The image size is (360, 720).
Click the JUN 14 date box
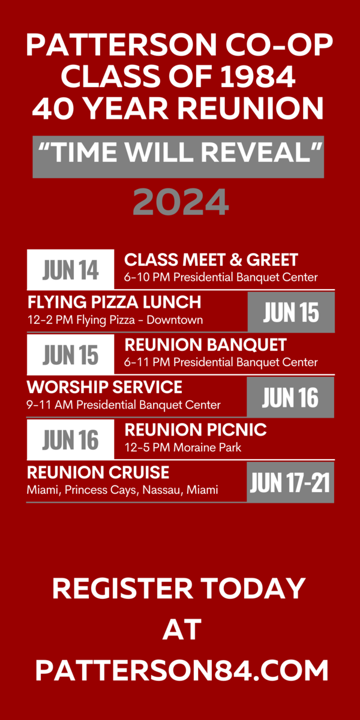pyautogui.click(x=70, y=269)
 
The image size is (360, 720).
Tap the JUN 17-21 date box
pyautogui.click(x=290, y=482)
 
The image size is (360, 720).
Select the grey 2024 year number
pyautogui.click(x=181, y=202)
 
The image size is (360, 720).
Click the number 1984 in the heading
pyautogui.click(x=258, y=77)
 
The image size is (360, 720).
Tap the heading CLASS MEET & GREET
pyautogui.click(x=211, y=260)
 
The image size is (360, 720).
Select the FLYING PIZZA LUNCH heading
pyautogui.click(x=115, y=302)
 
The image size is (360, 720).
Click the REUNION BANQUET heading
pyautogui.click(x=205, y=345)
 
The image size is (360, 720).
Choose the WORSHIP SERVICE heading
pyautogui.click(x=104, y=387)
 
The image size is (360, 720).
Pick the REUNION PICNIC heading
pyautogui.click(x=196, y=430)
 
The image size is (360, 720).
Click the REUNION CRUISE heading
pyautogui.click(x=98, y=472)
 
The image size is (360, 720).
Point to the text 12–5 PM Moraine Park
pyautogui.click(x=183, y=448)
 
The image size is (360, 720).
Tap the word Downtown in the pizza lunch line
pyautogui.click(x=175, y=320)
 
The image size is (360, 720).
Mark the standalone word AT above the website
pyautogui.click(x=182, y=629)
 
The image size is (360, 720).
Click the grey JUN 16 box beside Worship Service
pyautogui.click(x=290, y=397)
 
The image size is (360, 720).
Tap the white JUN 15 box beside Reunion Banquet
pyautogui.click(x=70, y=355)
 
